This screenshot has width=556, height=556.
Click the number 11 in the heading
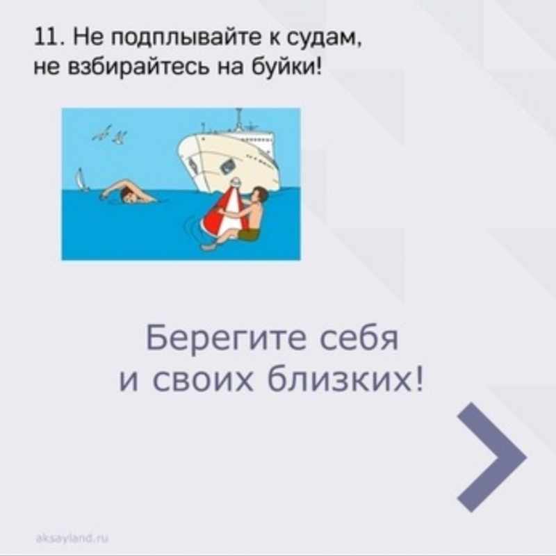click(x=47, y=37)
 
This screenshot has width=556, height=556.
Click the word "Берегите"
click(x=226, y=338)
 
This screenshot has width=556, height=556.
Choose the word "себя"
click(x=359, y=338)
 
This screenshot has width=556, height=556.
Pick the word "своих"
click(x=202, y=381)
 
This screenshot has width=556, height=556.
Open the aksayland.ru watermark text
click(x=72, y=539)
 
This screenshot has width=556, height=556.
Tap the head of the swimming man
click(x=127, y=196)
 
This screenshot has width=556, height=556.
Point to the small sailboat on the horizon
click(x=81, y=180)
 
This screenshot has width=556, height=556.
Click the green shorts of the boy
click(x=249, y=234)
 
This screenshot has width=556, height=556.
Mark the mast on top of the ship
click(x=239, y=120)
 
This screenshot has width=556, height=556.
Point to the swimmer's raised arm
click(x=115, y=186)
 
